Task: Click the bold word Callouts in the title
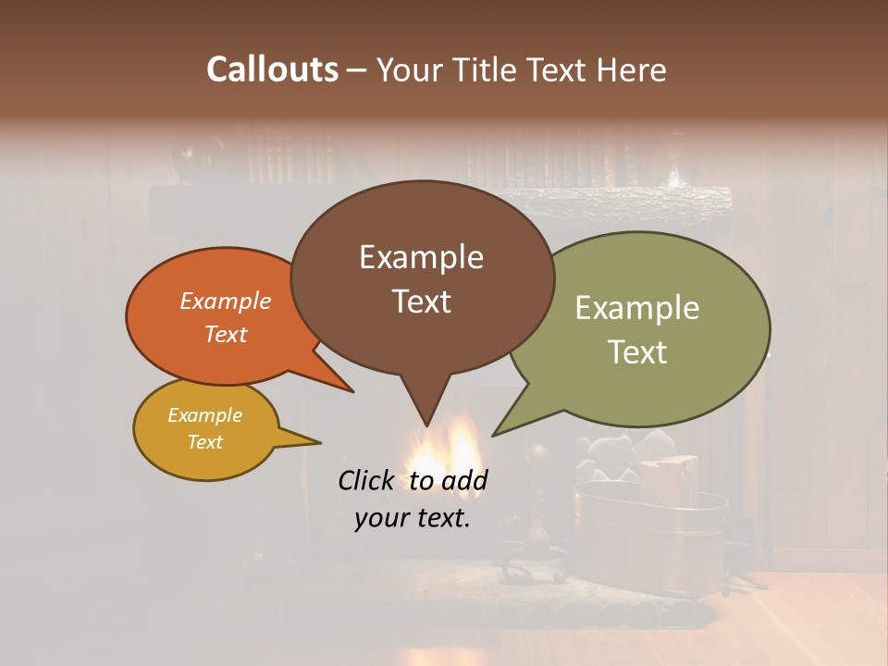click(272, 70)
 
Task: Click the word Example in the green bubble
click(637, 308)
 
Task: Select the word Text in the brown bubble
click(422, 302)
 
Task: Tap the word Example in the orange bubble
click(225, 301)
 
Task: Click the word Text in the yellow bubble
click(205, 442)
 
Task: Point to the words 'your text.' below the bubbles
click(412, 518)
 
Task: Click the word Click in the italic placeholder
click(366, 480)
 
